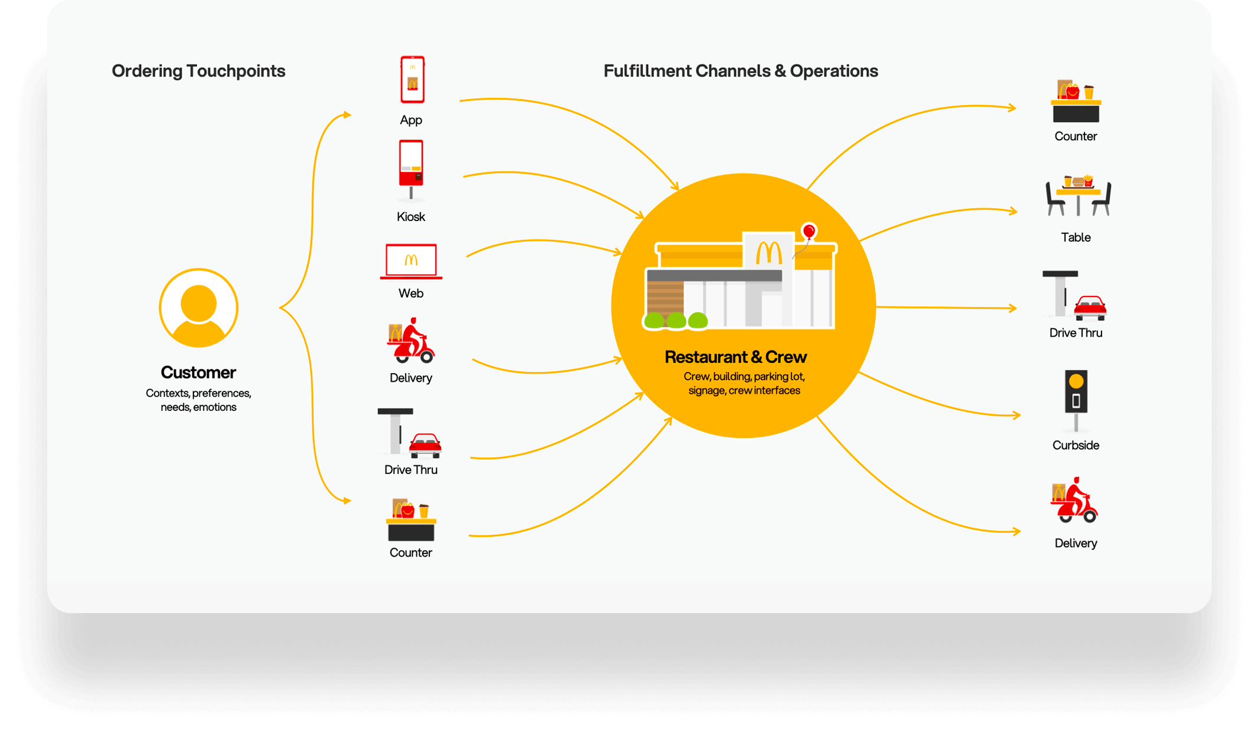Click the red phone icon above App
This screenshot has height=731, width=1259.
pyautogui.click(x=412, y=80)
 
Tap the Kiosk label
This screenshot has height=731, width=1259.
pyautogui.click(x=410, y=217)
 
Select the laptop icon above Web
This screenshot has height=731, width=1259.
pyautogui.click(x=411, y=261)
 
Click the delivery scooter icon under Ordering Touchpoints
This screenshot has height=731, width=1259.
pyautogui.click(x=411, y=341)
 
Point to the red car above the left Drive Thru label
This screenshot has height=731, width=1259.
pyautogui.click(x=425, y=445)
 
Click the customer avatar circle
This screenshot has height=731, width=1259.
pyautogui.click(x=199, y=308)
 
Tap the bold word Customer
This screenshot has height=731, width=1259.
pyautogui.click(x=198, y=373)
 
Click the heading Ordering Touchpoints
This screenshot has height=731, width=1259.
pyautogui.click(x=199, y=71)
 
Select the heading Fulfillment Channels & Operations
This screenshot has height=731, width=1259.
pyautogui.click(x=741, y=71)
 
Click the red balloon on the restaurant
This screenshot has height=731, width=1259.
pyautogui.click(x=809, y=231)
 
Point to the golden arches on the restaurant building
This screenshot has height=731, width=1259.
pyautogui.click(x=769, y=253)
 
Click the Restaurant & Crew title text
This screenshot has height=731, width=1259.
pyautogui.click(x=735, y=357)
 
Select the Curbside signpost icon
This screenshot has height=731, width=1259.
pyautogui.click(x=1076, y=398)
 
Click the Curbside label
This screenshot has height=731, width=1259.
pyautogui.click(x=1076, y=446)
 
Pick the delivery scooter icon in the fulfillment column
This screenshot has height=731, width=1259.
pyautogui.click(x=1074, y=500)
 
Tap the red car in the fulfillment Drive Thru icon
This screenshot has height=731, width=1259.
pyautogui.click(x=1090, y=307)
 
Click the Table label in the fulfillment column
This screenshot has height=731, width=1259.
pyautogui.click(x=1076, y=238)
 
